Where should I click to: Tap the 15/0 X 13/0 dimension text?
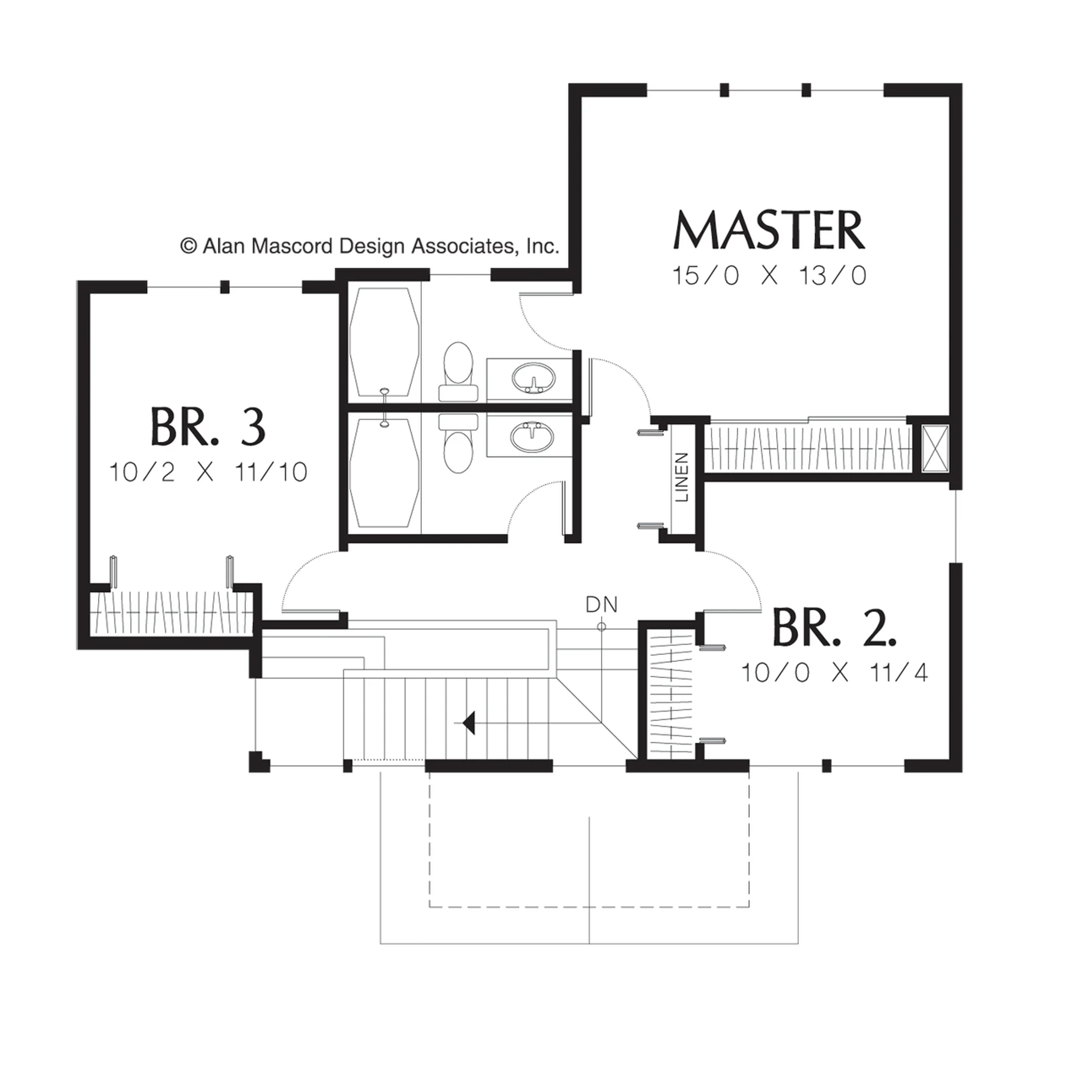click(x=768, y=276)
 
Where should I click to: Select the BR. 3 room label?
click(x=207, y=427)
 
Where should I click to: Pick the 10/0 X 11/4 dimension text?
click(x=834, y=672)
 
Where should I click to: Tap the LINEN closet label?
click(x=682, y=477)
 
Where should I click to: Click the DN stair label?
click(x=602, y=604)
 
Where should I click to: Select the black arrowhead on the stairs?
click(x=469, y=723)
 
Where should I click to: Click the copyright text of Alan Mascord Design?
click(x=369, y=246)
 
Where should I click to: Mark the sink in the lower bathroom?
click(x=532, y=435)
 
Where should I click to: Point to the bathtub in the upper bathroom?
click(x=384, y=344)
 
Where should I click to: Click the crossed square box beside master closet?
click(x=934, y=449)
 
